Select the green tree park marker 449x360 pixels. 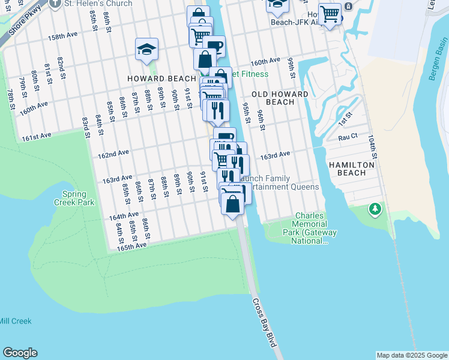pyautogui.click(x=376, y=209)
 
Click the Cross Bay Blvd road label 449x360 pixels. pyautogui.click(x=265, y=322)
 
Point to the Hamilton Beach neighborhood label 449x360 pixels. pyautogui.click(x=352, y=169)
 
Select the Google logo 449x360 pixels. pyautogui.click(x=20, y=353)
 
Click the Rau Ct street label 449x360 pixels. pyautogui.click(x=348, y=137)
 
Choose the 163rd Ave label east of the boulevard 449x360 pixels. pyautogui.click(x=275, y=155)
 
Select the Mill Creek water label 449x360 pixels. pyautogui.click(x=16, y=321)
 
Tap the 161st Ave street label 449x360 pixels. pyautogui.click(x=35, y=137)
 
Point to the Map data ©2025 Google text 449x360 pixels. pyautogui.click(x=412, y=355)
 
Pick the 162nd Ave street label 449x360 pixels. pyautogui.click(x=113, y=154)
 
